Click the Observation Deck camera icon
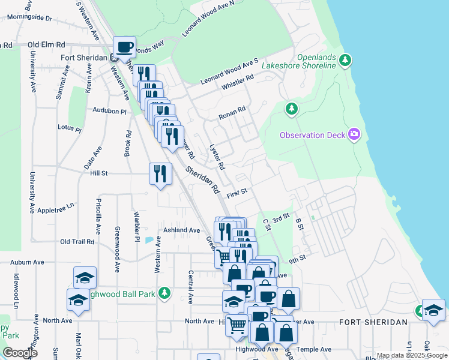(354, 134)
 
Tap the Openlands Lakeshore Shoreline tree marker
(345, 59)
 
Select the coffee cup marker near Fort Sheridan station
(125, 47)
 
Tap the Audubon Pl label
(110, 110)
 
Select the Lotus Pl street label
(69, 128)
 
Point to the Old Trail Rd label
(77, 242)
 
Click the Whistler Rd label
(238, 82)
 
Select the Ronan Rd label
(232, 112)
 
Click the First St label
(237, 194)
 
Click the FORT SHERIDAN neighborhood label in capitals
(373, 322)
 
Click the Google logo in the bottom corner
(20, 353)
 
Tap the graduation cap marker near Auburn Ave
(85, 277)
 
